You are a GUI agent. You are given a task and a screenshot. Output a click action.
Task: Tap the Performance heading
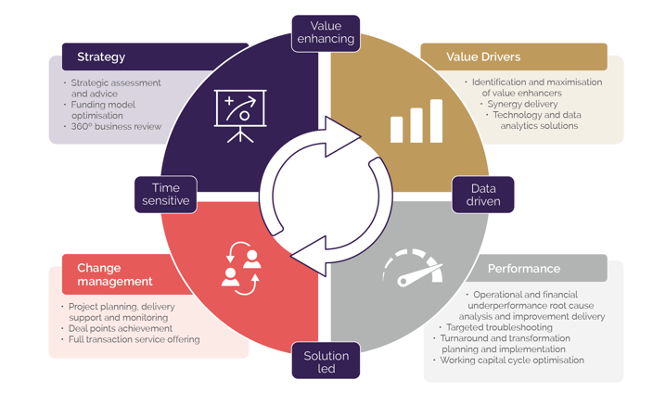coord(525,269)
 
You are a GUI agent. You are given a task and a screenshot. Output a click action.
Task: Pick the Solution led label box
coord(326,361)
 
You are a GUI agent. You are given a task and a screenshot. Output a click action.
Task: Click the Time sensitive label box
coord(165,194)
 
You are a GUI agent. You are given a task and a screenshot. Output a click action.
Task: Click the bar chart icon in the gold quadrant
coord(416,119)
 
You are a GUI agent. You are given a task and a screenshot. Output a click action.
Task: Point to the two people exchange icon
coord(241,268)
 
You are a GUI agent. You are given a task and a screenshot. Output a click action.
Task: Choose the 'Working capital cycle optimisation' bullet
coord(512,360)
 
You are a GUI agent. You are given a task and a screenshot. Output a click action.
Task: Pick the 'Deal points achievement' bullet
coord(121,328)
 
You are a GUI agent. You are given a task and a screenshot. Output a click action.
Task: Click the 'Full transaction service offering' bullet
coord(134,339)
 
